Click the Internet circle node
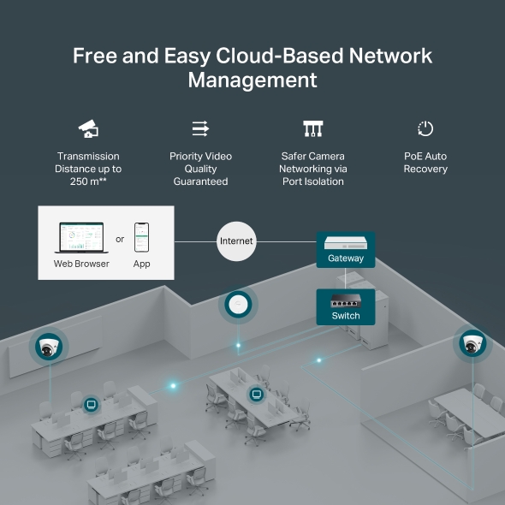pyautogui.click(x=236, y=241)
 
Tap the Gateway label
pyautogui.click(x=346, y=258)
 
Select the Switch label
pyautogui.click(x=346, y=316)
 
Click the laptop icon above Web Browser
pyautogui.click(x=80, y=237)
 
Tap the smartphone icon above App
pyautogui.click(x=142, y=237)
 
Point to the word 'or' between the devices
pyautogui.click(x=120, y=239)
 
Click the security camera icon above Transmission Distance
pyautogui.click(x=88, y=129)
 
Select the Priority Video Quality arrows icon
pyautogui.click(x=200, y=129)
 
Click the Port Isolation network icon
pyautogui.click(x=313, y=129)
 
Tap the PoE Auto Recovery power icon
pyautogui.click(x=425, y=129)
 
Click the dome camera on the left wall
pyautogui.click(x=49, y=348)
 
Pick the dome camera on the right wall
pyautogui.click(x=471, y=344)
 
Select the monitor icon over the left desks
pyautogui.click(x=91, y=404)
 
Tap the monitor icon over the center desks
pyautogui.click(x=255, y=394)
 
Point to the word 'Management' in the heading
pyautogui.click(x=253, y=80)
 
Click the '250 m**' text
pyautogui.click(x=88, y=181)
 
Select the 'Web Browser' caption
pyautogui.click(x=81, y=264)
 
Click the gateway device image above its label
pyautogui.click(x=346, y=241)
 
